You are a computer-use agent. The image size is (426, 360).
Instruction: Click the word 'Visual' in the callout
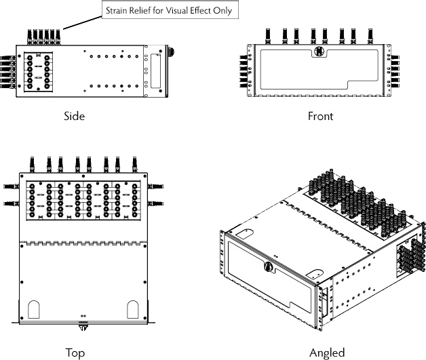(178, 12)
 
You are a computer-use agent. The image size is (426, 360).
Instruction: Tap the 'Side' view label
(74, 116)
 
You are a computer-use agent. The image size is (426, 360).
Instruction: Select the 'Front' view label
(320, 116)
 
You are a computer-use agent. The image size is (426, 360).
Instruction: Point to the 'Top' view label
(75, 353)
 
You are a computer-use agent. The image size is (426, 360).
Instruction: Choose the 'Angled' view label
(327, 353)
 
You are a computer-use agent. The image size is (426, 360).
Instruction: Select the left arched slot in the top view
(35, 311)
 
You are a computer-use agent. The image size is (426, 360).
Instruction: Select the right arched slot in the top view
(132, 311)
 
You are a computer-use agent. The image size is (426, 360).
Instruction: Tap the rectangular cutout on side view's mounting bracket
(158, 69)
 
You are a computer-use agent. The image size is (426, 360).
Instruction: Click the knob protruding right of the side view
(170, 52)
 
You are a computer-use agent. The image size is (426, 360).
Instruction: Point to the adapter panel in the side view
(38, 71)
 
